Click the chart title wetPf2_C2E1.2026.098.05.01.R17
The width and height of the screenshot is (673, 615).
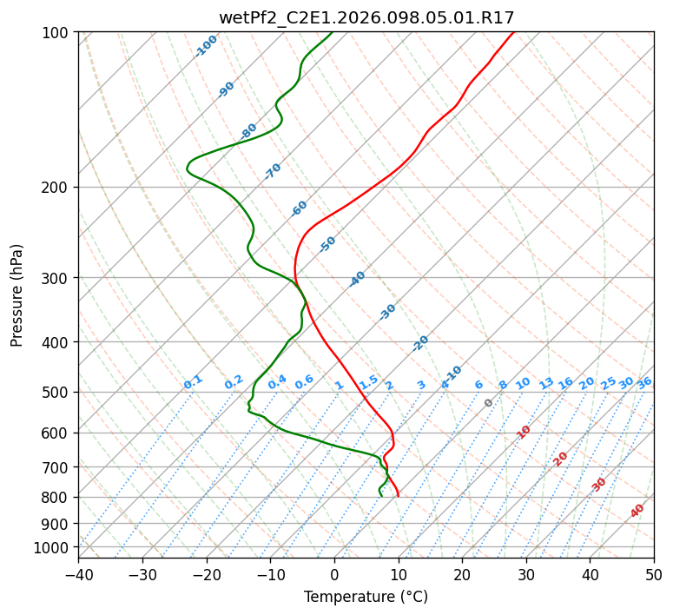[366, 17]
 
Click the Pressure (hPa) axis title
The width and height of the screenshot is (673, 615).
[17, 294]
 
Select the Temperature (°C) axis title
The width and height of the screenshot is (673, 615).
[366, 597]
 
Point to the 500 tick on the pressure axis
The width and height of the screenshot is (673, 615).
[57, 392]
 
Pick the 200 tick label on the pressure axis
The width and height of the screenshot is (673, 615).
[57, 187]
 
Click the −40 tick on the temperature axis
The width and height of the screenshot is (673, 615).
[78, 574]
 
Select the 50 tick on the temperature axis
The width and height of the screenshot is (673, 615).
[654, 574]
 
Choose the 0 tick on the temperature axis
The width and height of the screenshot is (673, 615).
[334, 574]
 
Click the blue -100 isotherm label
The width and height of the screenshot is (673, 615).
[207, 45]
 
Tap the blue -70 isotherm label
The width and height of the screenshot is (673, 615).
[273, 170]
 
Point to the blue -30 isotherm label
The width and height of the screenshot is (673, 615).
[387, 311]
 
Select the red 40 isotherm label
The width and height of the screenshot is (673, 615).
[637, 511]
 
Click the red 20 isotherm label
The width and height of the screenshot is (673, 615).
[561, 458]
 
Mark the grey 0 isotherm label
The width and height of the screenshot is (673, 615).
[489, 403]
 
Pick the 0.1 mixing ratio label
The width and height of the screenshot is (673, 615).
[193, 381]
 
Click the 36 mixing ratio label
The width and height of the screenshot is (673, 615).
[644, 382]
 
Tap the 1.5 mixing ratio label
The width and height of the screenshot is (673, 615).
[369, 381]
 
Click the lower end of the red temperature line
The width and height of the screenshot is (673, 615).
[398, 496]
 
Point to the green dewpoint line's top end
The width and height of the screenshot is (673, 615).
[332, 32]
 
